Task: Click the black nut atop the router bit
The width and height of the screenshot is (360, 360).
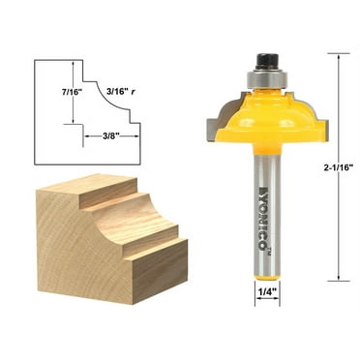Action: [264, 60]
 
